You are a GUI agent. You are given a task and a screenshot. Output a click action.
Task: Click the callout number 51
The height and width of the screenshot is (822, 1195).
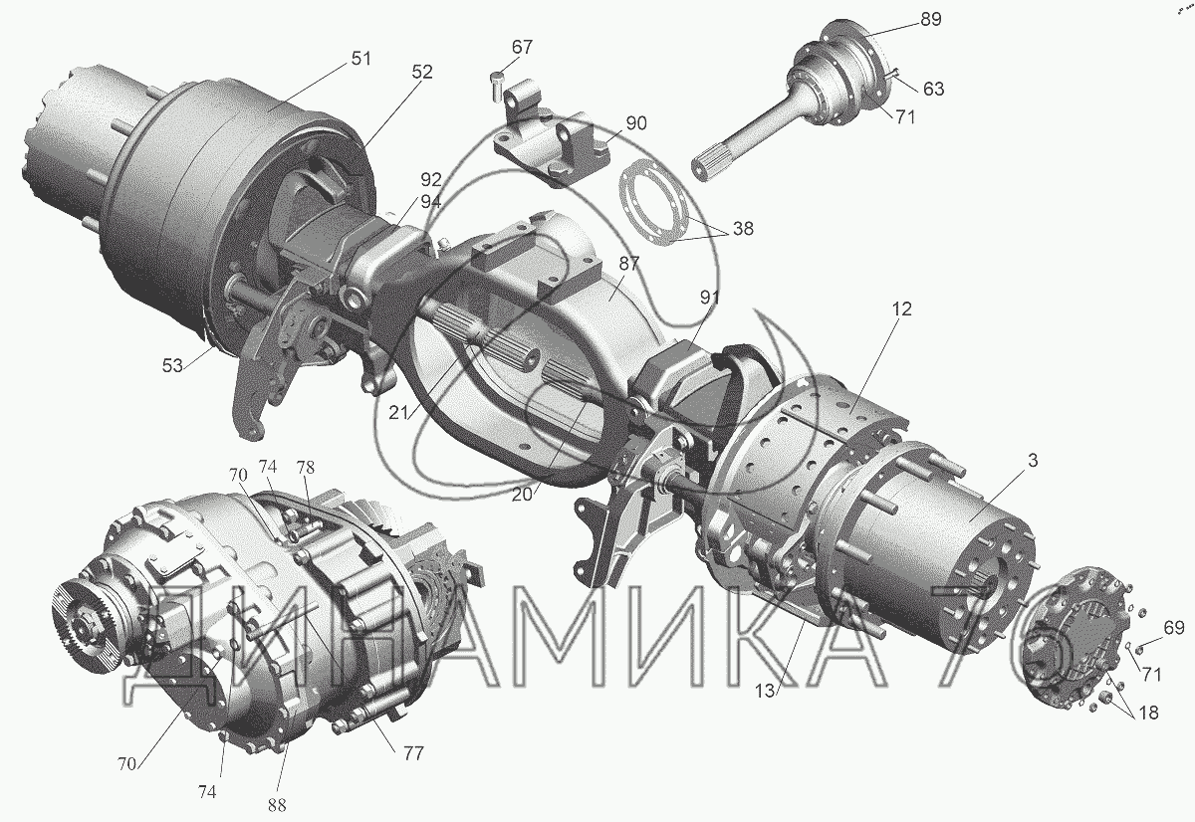(x=360, y=58)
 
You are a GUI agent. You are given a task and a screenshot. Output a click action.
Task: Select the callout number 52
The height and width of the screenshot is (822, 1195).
(x=421, y=72)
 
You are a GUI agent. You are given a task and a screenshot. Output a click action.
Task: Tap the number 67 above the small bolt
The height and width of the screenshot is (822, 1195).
(x=522, y=47)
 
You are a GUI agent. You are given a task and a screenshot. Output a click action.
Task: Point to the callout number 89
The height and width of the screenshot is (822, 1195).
(x=930, y=19)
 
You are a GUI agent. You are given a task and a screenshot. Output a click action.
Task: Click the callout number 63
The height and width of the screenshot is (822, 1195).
(x=933, y=89)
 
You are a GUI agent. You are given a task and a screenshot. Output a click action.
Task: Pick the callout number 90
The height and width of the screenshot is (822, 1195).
(x=636, y=123)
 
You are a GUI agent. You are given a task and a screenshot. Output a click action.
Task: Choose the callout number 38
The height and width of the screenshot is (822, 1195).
(x=743, y=228)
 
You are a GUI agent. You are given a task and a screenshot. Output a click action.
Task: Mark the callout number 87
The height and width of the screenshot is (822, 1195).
(x=629, y=264)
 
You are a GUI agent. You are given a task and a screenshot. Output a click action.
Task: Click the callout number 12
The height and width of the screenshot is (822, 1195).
(x=901, y=308)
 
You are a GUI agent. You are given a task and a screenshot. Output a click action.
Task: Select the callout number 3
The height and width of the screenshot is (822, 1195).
(x=1033, y=460)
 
